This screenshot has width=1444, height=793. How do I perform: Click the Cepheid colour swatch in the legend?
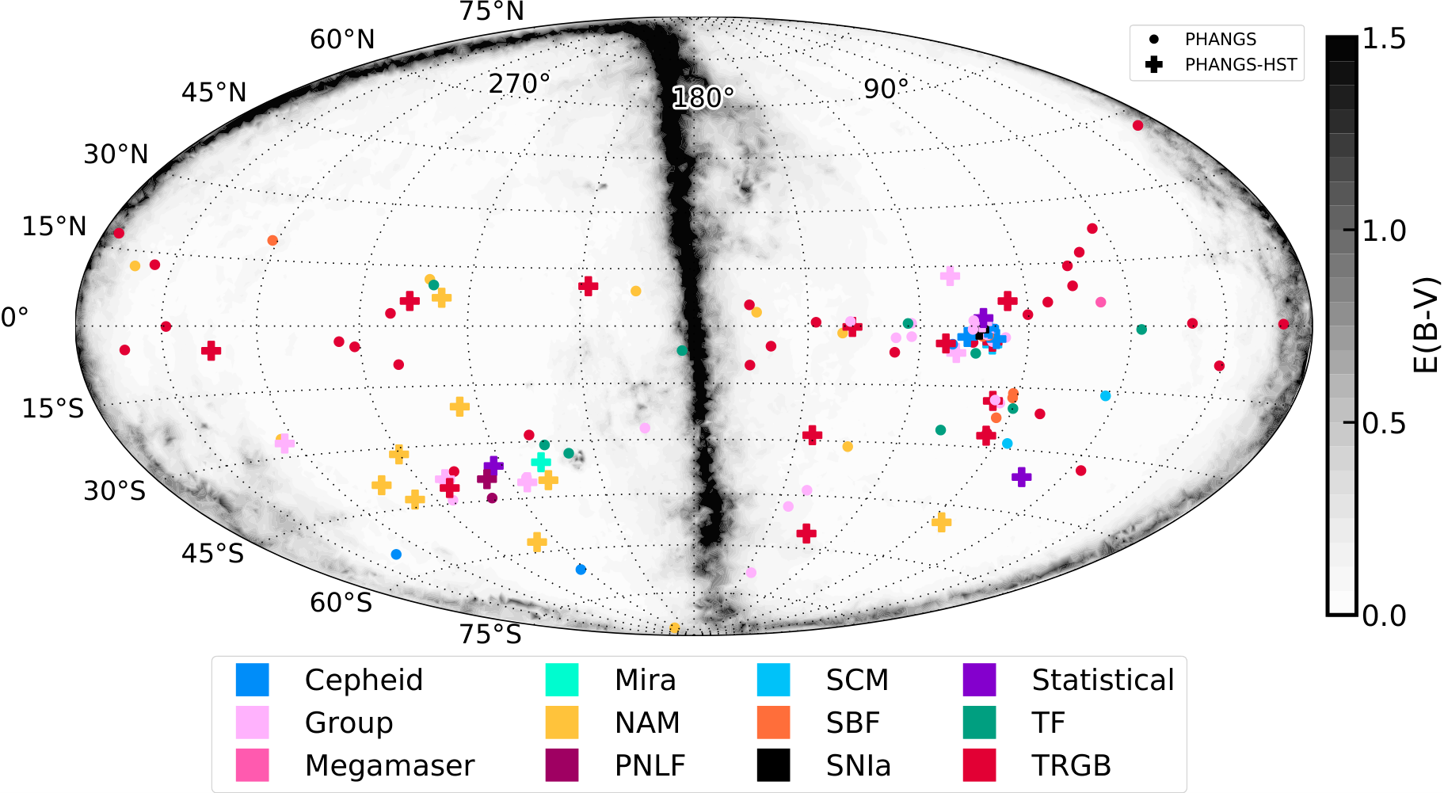[x=252, y=680]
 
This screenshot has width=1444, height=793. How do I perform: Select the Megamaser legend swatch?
[x=252, y=765]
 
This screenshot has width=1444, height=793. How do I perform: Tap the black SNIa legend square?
[x=773, y=765]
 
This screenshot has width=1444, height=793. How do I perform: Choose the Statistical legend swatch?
[x=979, y=680]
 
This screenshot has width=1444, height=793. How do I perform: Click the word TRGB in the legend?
[x=1071, y=765]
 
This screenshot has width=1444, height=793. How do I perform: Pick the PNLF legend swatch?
[x=562, y=765]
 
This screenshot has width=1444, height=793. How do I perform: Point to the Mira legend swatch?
[x=562, y=680]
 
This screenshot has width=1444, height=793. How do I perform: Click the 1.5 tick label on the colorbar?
[x=1384, y=39]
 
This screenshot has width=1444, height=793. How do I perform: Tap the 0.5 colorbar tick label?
[x=1384, y=424]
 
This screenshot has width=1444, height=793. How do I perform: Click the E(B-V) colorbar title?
[x=1426, y=325]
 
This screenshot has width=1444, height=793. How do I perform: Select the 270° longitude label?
[x=519, y=83]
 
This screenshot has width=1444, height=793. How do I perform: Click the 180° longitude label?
[x=703, y=98]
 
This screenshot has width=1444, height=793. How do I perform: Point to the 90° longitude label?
[x=886, y=89]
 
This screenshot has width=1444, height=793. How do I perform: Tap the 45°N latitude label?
[x=214, y=93]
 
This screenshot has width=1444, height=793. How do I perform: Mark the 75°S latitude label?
[x=490, y=635]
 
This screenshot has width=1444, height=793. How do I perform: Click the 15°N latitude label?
[x=54, y=227]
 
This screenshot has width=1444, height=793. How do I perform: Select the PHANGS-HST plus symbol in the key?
[x=1154, y=65]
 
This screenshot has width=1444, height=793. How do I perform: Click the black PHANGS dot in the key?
[x=1154, y=39]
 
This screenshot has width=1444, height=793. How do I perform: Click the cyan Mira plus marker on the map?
[x=541, y=462]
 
